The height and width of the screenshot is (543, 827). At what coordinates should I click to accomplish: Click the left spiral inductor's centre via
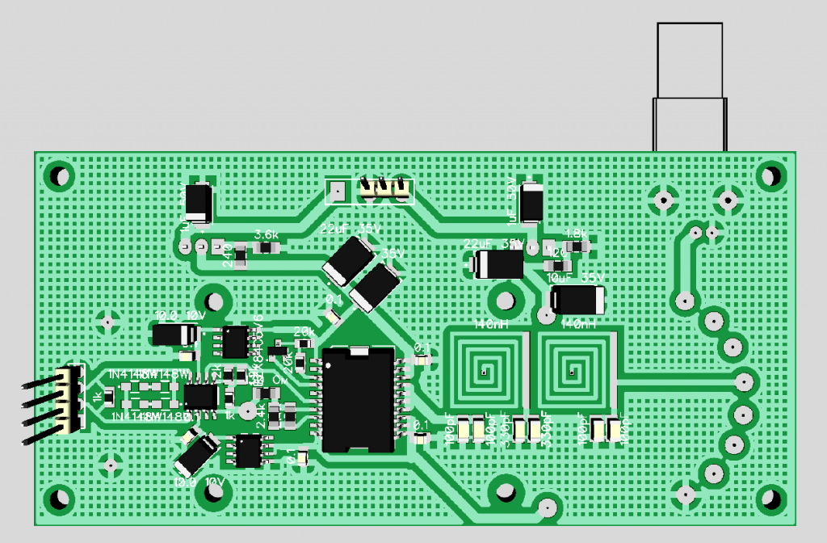[483, 373]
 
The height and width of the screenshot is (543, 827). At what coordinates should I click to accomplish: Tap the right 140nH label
[579, 324]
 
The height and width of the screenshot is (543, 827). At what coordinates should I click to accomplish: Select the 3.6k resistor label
[267, 234]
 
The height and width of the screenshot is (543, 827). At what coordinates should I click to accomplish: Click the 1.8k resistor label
[576, 233]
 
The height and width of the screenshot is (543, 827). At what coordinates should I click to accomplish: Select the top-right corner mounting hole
[771, 175]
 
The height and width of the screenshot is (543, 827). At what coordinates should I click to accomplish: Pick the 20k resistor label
[304, 332]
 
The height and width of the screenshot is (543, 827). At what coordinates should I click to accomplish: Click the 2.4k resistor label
[261, 418]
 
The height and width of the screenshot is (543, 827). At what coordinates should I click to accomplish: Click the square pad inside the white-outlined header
[338, 192]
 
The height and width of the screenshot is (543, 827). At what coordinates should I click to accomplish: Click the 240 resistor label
[227, 254]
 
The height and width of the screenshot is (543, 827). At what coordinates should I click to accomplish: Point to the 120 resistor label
[556, 253]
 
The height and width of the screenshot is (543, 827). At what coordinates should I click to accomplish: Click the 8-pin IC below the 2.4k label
[248, 451]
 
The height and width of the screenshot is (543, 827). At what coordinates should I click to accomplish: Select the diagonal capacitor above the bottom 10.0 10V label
[196, 454]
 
